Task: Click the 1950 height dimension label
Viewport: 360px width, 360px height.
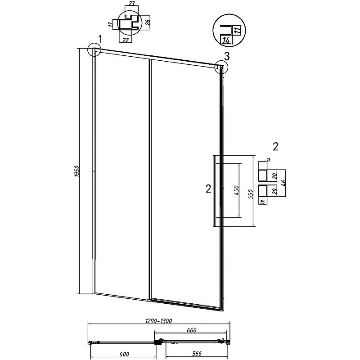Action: coord(77,171)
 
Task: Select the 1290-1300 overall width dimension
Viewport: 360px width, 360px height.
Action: coord(159,321)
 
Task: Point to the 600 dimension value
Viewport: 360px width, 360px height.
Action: coord(125,354)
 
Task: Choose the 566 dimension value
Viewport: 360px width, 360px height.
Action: coord(197,354)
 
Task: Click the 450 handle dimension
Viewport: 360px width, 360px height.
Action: coord(237,190)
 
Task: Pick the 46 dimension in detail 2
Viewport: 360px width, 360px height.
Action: coord(283,183)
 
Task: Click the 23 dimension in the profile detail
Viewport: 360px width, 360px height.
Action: coord(131,3)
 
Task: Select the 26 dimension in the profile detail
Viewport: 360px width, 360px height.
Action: coord(148,22)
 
